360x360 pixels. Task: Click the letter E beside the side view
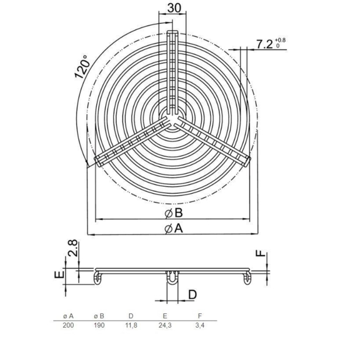57,276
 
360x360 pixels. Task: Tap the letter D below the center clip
192,294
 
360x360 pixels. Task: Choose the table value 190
99,326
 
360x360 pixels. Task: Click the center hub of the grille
172,117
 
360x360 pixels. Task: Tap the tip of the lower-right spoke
247,161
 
